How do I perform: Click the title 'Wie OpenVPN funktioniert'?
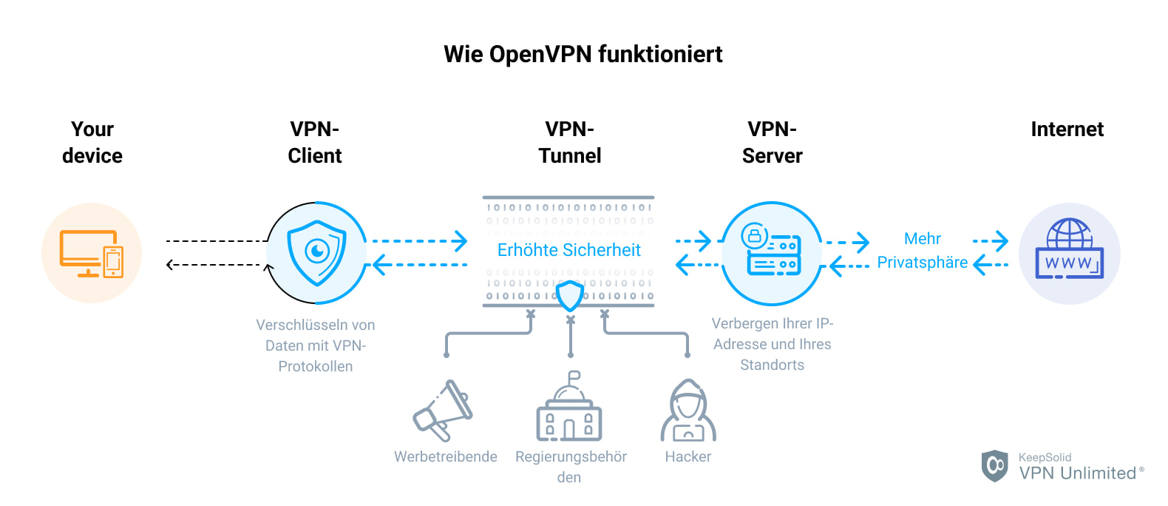pos(583,54)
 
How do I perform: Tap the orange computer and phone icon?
pos(92,253)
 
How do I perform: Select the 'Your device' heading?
pos(92,142)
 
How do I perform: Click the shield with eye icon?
pos(316,253)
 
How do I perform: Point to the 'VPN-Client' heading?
pos(315,142)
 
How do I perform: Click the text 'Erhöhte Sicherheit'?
pos(568,250)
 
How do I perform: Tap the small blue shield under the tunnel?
pos(569,296)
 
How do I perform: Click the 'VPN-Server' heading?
pos(772,142)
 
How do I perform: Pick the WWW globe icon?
pos(1069,251)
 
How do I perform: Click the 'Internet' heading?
pos(1067,129)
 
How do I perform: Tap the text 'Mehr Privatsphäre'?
pos(922,251)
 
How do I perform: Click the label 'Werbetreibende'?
pos(445,456)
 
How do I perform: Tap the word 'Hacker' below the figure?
pos(687,456)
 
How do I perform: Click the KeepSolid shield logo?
pos(994,465)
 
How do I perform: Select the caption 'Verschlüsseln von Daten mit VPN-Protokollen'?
pos(316,345)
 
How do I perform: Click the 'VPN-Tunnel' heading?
pos(569,142)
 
